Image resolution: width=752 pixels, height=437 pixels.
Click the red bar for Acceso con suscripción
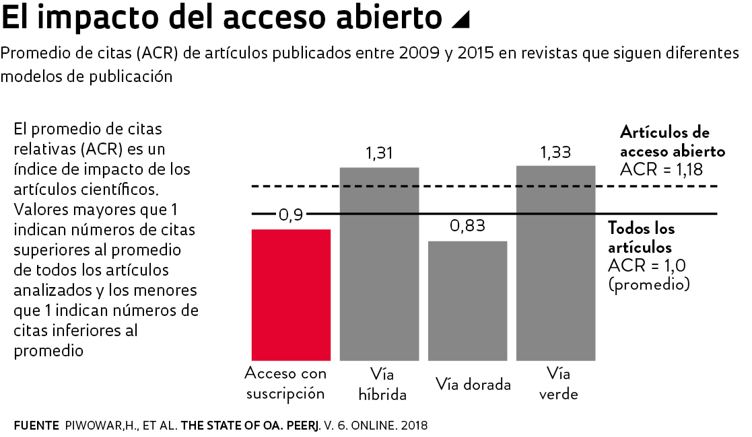(291, 294)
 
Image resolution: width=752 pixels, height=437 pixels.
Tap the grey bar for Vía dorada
(468, 301)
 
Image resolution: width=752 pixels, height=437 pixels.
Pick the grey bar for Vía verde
(555, 263)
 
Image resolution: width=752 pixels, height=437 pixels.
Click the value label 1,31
(379, 153)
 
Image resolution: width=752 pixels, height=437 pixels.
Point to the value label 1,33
(555, 152)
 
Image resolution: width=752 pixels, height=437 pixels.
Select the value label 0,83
(467, 227)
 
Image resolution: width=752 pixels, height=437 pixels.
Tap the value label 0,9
(291, 215)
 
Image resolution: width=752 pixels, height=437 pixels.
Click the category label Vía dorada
(473, 384)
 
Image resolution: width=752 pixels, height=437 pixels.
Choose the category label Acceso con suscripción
(285, 383)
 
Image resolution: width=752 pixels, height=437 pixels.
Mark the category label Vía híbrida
(382, 384)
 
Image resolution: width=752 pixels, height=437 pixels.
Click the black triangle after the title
(460, 21)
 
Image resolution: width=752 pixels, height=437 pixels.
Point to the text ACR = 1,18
(661, 169)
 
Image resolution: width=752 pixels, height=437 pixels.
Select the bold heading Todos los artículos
(641, 237)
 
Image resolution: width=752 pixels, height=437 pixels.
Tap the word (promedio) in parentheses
(649, 284)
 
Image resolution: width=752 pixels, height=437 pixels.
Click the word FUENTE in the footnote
(35, 426)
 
